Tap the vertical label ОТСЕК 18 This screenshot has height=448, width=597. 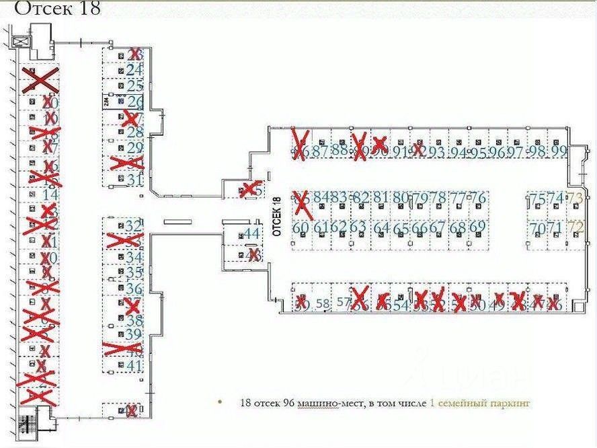pyautogui.click(x=276, y=215)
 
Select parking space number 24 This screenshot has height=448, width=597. pyautogui.click(x=135, y=69)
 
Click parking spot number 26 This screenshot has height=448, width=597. pyautogui.click(x=136, y=102)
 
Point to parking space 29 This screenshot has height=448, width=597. pyautogui.click(x=135, y=148)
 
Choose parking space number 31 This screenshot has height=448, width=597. pyautogui.click(x=135, y=180)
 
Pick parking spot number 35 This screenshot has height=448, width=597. pyautogui.click(x=134, y=272)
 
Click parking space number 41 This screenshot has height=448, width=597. pyautogui.click(x=134, y=366)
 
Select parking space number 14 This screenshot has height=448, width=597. pyautogui.click(x=50, y=194)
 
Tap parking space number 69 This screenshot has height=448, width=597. pyautogui.click(x=477, y=227)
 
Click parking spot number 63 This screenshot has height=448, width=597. pyautogui.click(x=358, y=227)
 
